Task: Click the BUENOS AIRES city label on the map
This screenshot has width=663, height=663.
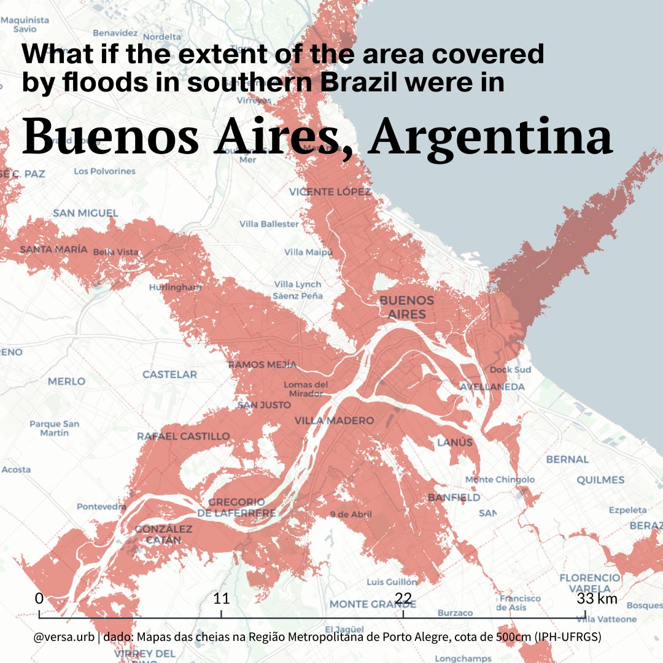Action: point(406,307)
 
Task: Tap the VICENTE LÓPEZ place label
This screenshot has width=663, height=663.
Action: point(330,192)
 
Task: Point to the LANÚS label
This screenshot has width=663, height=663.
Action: point(455,443)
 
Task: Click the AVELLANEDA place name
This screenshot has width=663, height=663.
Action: point(492,387)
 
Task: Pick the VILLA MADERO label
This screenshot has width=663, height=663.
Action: point(334,421)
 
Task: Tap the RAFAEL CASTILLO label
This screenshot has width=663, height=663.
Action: point(183,436)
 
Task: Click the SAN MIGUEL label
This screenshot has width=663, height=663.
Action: point(85,214)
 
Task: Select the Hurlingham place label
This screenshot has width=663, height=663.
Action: point(175,287)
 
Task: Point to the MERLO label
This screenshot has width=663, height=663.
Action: point(67,382)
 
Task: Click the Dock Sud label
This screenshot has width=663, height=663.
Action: point(510,370)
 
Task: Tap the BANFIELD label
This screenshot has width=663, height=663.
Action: point(454,497)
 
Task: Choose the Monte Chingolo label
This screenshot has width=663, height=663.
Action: point(500,479)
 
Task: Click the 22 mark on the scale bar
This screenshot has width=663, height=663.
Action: point(403,599)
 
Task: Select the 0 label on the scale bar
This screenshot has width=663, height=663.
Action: point(39,599)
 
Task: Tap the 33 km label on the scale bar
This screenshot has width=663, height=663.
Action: point(597,599)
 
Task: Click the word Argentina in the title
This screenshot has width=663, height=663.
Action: point(491,138)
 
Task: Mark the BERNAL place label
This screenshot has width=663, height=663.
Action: point(567,459)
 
